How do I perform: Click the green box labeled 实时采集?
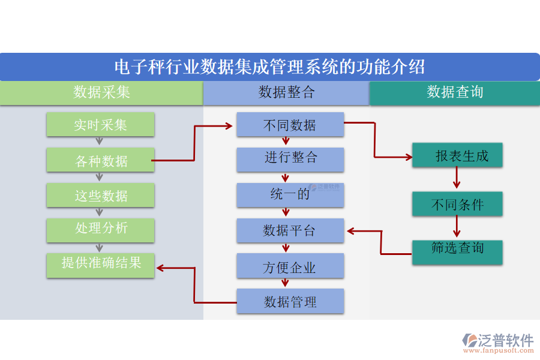pyautogui.click(x=100, y=125)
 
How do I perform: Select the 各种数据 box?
pyautogui.click(x=100, y=160)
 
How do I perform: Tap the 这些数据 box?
pyautogui.click(x=100, y=196)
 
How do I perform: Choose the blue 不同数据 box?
pyautogui.click(x=290, y=125)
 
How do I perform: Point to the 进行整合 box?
pyautogui.click(x=290, y=159)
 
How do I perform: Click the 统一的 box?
pyautogui.click(x=290, y=195)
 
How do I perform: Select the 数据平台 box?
pyautogui.click(x=290, y=230)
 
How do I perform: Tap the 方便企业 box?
pyautogui.click(x=290, y=266)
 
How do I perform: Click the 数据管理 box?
pyautogui.click(x=290, y=301)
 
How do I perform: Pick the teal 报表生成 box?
pyautogui.click(x=457, y=156)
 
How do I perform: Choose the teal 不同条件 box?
pyautogui.click(x=457, y=204)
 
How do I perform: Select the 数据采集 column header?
pyautogui.click(x=101, y=93)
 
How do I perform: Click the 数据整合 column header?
pyautogui.click(x=286, y=93)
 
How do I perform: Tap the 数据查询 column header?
pyautogui.click(x=454, y=93)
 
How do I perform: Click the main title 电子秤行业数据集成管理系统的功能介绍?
pyautogui.click(x=269, y=67)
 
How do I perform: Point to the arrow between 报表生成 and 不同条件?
pyautogui.click(x=457, y=178)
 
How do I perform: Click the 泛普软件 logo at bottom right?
pyautogui.click(x=498, y=342)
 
